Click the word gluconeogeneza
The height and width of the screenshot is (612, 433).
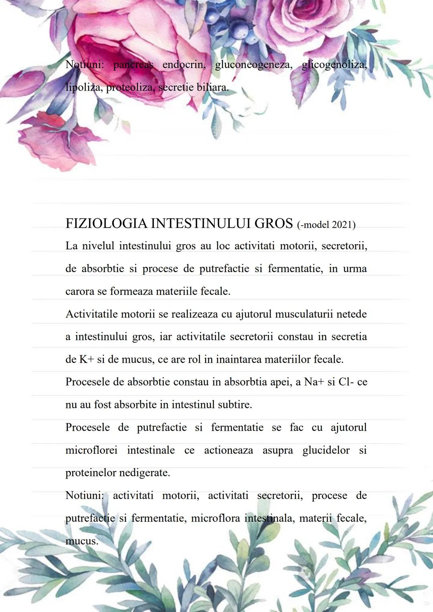pyautogui.click(x=253, y=65)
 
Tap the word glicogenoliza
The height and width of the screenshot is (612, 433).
pyautogui.click(x=334, y=65)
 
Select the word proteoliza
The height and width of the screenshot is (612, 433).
pyautogui.click(x=129, y=87)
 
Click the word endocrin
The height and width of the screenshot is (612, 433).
pyautogui.click(x=184, y=65)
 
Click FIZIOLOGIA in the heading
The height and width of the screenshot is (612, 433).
pyautogui.click(x=106, y=223)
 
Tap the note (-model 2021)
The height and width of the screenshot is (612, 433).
pyautogui.click(x=326, y=225)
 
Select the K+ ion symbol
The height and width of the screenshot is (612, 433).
pyautogui.click(x=86, y=359)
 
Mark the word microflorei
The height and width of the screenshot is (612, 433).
pyautogui.click(x=91, y=450)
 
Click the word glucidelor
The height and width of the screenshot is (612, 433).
pyautogui.click(x=326, y=450)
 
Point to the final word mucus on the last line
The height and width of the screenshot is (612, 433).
pyautogui.click(x=81, y=541)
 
